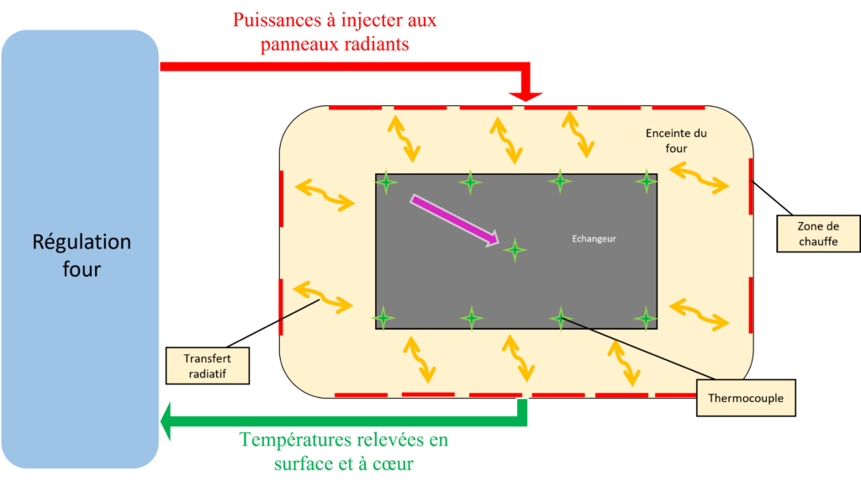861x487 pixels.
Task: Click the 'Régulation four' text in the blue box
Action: point(82,256)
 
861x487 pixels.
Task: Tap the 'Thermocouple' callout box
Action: point(746,398)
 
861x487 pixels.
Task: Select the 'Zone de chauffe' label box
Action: point(818,234)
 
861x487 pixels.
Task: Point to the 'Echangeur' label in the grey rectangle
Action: point(593,239)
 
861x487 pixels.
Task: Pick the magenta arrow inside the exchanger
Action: point(455,221)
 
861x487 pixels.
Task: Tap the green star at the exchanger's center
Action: point(515,249)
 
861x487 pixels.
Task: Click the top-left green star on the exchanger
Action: point(386,182)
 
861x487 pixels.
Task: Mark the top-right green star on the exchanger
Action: point(646,181)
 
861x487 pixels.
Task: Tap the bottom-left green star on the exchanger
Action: point(383,318)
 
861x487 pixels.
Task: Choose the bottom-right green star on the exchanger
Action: point(646,318)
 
